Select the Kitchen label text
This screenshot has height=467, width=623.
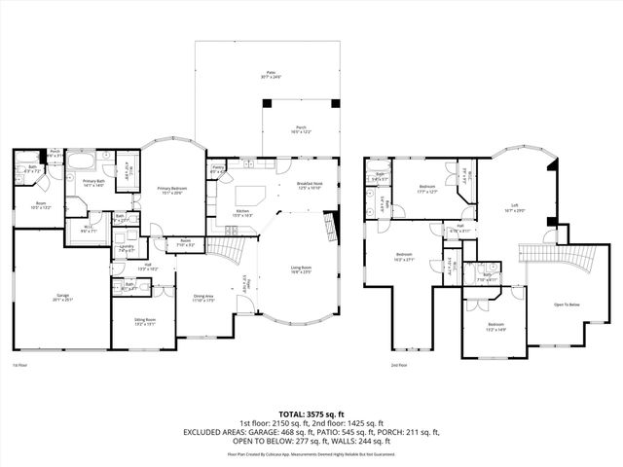coord(243,212)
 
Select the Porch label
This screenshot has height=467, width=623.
coord(300,130)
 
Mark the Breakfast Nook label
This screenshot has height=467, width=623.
coord(309,185)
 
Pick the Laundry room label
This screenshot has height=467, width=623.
coord(126,248)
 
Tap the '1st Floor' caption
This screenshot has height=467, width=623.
coord(19,365)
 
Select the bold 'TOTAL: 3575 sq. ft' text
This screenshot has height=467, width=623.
coord(311,413)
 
